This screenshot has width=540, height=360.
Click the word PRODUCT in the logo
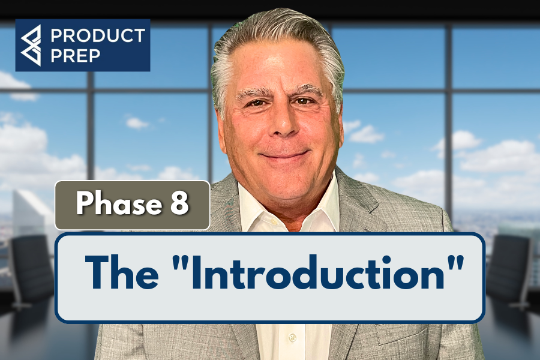[x=98, y=35]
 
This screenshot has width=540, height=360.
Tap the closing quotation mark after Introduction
[x=456, y=265]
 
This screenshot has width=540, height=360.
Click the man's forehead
[x=280, y=69]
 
